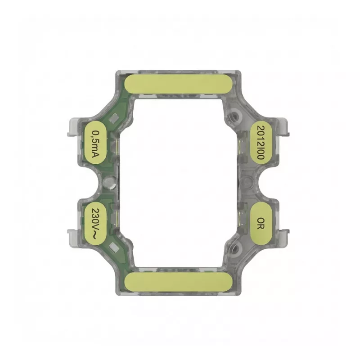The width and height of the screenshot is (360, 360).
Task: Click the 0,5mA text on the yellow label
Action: pyautogui.click(x=95, y=144)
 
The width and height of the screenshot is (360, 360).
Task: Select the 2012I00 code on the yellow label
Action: pyautogui.click(x=261, y=142)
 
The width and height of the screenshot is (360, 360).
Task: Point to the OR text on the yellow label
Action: pyautogui.click(x=261, y=224)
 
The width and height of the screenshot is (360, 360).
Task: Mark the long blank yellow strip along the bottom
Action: pyautogui.click(x=179, y=282)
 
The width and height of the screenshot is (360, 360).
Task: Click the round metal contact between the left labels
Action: pyautogui.click(x=108, y=182)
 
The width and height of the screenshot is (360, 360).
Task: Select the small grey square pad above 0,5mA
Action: pyautogui.click(x=114, y=118)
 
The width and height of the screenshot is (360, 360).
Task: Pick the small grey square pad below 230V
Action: pyautogui.click(x=114, y=247)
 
